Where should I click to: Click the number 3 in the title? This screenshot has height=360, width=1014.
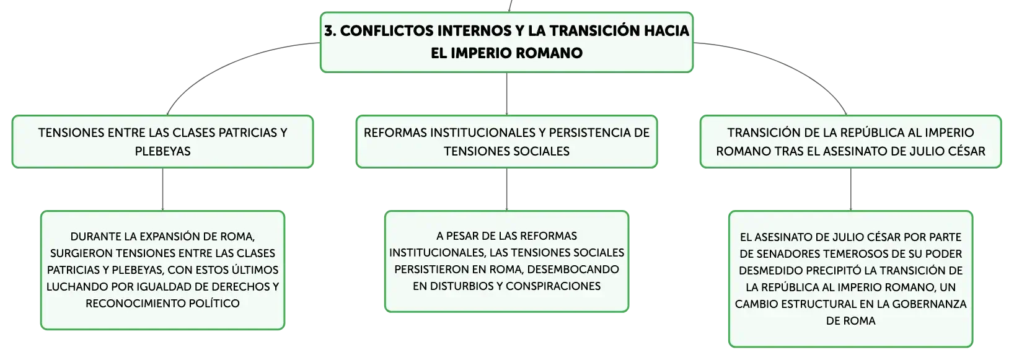click(330, 31)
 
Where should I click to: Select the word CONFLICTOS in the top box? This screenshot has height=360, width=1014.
click(386, 31)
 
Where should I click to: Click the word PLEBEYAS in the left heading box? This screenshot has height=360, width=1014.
click(162, 151)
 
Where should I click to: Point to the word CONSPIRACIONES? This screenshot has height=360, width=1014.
click(553, 286)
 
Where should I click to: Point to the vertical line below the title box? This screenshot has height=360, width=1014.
click(506, 94)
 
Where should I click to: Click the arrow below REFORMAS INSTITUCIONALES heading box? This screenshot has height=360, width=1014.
click(506, 189)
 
